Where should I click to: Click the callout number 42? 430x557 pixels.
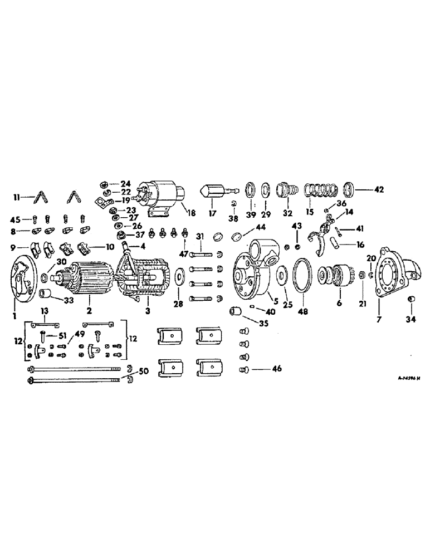tap(379, 189)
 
